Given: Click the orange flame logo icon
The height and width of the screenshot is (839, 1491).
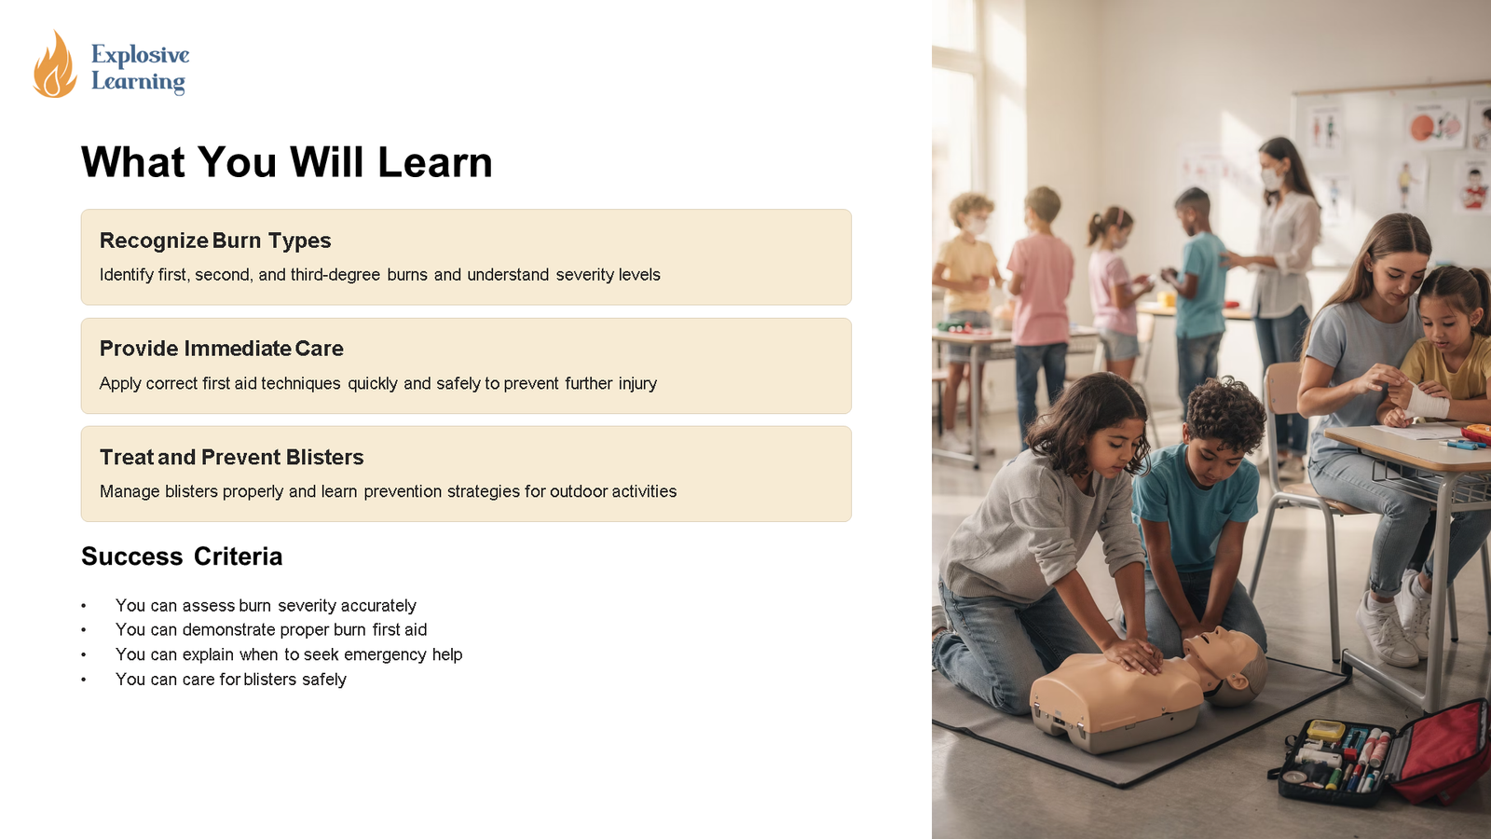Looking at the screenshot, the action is (x=55, y=64).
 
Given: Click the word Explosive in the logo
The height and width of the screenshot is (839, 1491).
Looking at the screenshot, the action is (x=141, y=55).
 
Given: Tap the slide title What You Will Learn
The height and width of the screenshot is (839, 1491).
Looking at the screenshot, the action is (x=287, y=162).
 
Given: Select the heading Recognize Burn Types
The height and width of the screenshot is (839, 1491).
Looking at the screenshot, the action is (x=215, y=241).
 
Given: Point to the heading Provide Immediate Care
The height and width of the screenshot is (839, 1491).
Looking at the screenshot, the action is (x=221, y=349).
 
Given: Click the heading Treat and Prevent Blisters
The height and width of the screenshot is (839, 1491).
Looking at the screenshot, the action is (x=232, y=457).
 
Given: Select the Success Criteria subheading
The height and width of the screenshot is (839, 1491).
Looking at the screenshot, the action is (x=182, y=556).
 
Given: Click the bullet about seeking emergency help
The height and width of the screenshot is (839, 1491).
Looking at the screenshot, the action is (x=289, y=654).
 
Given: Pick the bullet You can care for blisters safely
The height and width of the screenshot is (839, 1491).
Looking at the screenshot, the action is (x=231, y=680).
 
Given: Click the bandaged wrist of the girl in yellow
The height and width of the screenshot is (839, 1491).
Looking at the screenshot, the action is (x=1426, y=401).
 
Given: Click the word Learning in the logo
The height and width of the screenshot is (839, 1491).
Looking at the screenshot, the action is (x=138, y=82).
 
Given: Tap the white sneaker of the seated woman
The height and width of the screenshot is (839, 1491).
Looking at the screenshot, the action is (x=1386, y=629).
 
